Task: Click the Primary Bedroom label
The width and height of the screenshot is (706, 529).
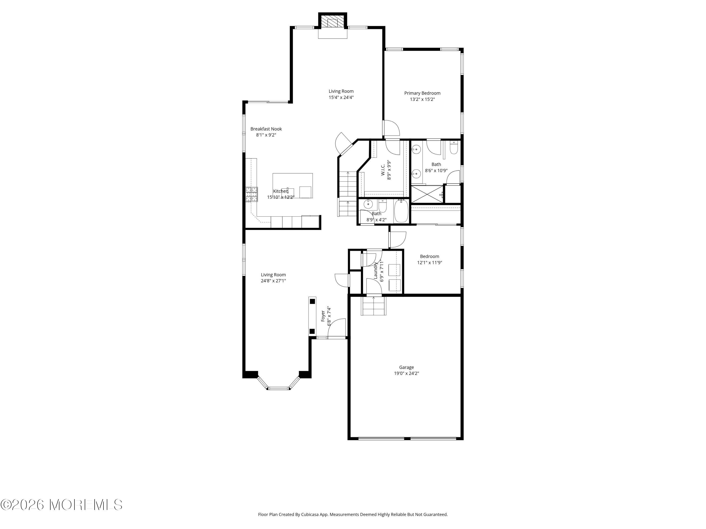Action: [x=422, y=93]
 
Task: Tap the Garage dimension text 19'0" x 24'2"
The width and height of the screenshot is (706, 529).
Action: [x=406, y=373]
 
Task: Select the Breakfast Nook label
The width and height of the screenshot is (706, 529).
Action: [x=266, y=129]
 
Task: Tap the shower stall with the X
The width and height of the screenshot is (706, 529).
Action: [x=427, y=194]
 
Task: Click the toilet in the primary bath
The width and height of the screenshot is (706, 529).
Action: [x=453, y=148]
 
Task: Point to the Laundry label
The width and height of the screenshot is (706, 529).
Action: [x=375, y=270]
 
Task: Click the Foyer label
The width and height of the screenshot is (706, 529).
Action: [x=323, y=316]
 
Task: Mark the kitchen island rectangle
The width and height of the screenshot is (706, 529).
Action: [x=292, y=186]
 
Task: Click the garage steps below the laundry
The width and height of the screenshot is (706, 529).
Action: [x=373, y=306]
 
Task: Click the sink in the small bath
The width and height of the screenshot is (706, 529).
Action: [x=368, y=203]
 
